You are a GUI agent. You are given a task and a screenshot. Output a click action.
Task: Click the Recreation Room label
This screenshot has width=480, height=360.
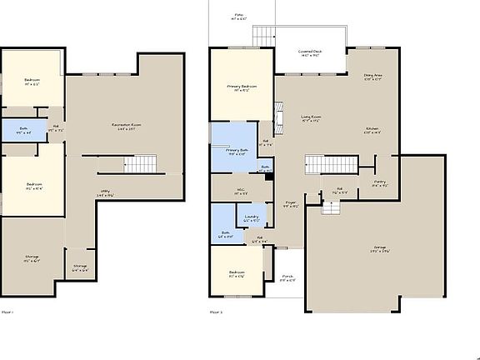coord(126,127)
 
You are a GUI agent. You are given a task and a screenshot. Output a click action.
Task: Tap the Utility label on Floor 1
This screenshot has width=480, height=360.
coord(106,192)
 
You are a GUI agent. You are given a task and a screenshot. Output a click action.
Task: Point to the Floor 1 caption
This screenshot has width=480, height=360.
coord(7,312)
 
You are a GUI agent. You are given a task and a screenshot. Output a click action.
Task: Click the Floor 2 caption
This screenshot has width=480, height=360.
coord(216,312)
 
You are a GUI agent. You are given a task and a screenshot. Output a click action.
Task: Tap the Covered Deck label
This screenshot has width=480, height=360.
coord(311,52)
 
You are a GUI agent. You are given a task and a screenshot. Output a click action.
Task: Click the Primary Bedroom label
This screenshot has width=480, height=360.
coord(242,87)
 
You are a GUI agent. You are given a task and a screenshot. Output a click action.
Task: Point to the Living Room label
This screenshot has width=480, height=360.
coord(311,117)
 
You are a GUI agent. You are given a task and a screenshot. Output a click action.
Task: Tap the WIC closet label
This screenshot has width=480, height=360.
coord(240,191)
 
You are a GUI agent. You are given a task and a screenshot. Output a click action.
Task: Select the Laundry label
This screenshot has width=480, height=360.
coord(252,218)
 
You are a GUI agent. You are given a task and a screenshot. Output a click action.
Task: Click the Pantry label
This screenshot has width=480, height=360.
coord(379,183)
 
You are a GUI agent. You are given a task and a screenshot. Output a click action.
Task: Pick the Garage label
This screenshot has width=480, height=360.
coord(380,249)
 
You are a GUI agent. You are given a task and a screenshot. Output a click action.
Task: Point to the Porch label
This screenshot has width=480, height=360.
coord(287,277)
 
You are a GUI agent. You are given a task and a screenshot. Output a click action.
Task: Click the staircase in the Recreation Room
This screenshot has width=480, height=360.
coord(145,163)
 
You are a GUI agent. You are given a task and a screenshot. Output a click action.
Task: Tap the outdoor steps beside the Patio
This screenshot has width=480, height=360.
coord(263,36)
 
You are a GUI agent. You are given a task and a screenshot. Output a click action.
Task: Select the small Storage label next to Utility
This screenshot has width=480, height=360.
coord(80,267)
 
